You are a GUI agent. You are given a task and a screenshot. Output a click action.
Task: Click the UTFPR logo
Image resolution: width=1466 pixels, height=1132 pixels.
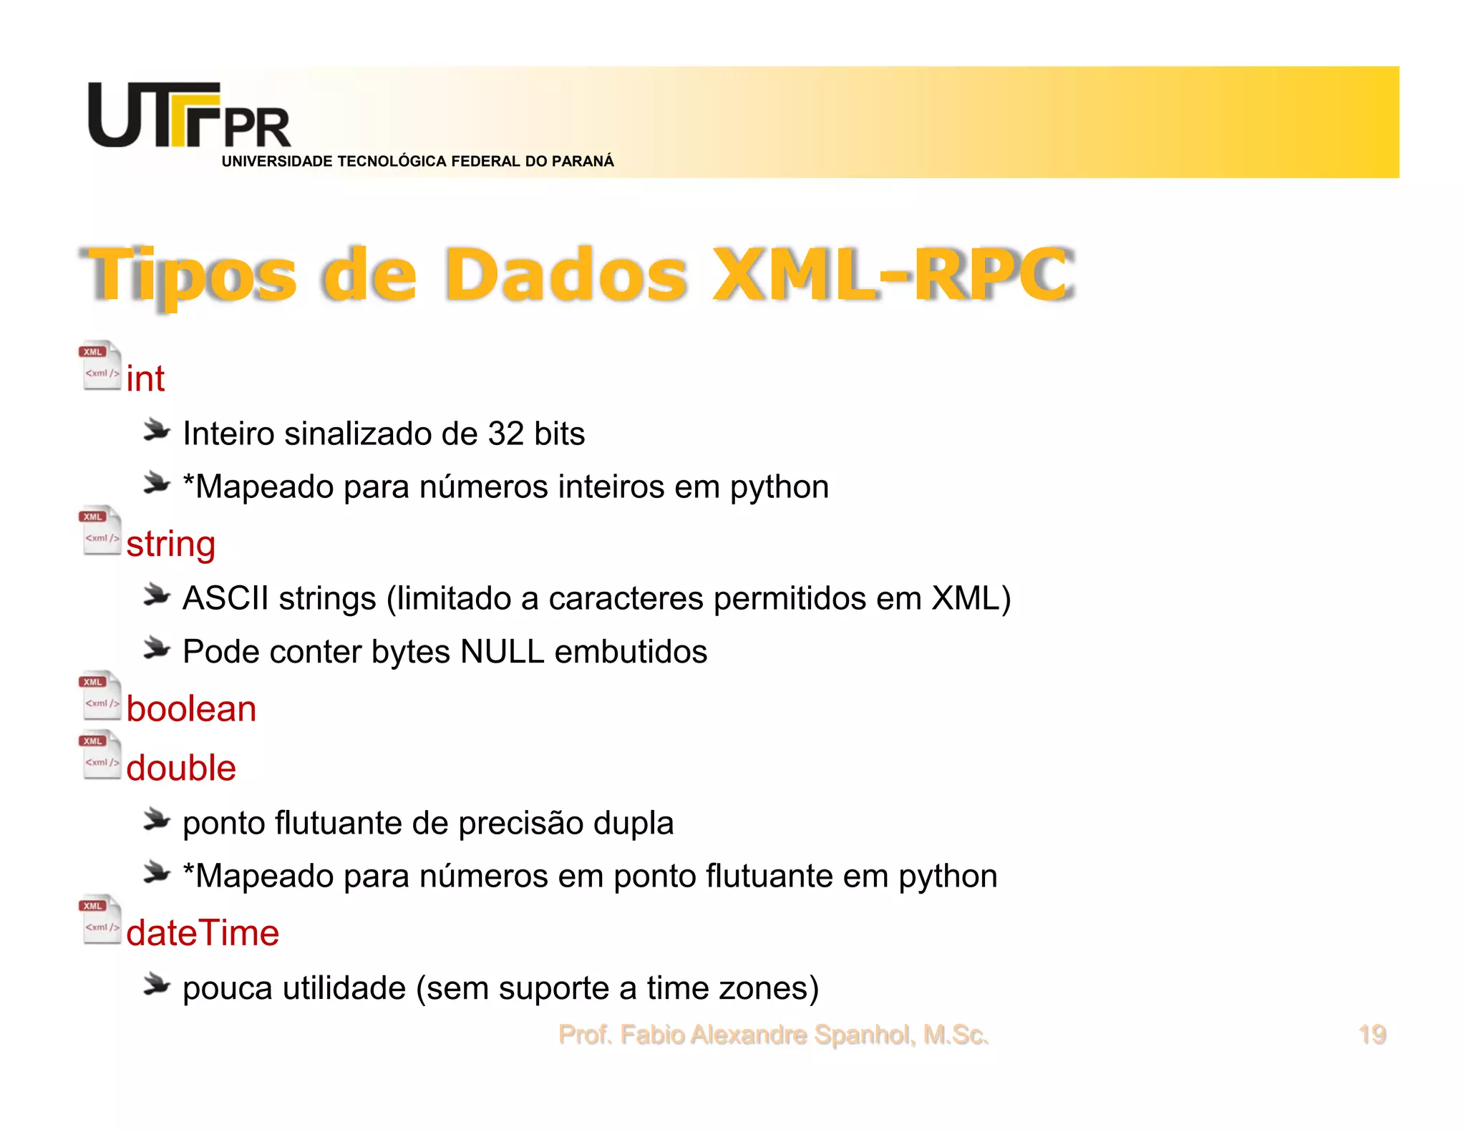point(188,116)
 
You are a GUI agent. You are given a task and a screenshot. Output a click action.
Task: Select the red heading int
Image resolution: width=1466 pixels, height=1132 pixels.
point(145,379)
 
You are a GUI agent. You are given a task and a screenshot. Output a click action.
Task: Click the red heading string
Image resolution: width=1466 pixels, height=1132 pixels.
point(170,544)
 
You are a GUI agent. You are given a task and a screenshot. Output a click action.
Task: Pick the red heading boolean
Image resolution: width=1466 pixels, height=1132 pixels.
point(191,709)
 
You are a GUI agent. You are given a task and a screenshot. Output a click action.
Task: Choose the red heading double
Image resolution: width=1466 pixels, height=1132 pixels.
point(181,768)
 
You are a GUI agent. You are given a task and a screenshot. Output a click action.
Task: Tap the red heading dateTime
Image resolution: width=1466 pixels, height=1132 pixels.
point(203,933)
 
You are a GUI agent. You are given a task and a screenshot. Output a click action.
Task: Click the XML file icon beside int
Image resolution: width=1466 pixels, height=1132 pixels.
point(99,365)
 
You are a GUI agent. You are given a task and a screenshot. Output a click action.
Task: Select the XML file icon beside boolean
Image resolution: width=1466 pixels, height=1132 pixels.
point(99,695)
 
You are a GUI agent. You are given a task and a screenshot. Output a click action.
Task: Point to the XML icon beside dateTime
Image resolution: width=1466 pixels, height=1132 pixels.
point(99,919)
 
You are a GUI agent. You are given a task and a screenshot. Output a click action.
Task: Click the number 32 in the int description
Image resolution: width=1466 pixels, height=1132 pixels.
point(506,434)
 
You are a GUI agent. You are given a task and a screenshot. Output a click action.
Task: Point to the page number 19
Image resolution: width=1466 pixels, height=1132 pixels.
point(1372,1035)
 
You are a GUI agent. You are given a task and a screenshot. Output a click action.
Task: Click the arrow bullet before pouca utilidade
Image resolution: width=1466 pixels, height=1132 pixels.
point(156,985)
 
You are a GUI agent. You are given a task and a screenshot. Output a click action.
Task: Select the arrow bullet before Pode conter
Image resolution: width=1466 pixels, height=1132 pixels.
point(156,648)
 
